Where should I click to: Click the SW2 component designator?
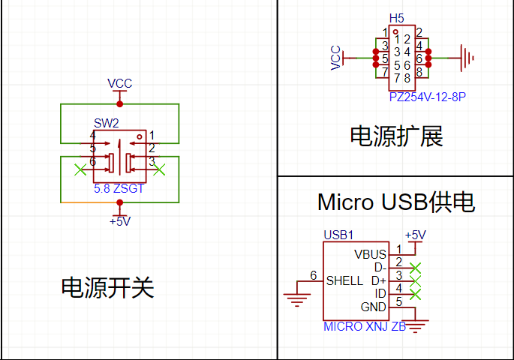click(x=106, y=122)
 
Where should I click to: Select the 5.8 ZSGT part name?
click(x=119, y=190)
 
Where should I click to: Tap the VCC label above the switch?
click(x=119, y=83)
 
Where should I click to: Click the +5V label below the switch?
click(x=120, y=221)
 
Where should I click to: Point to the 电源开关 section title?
click(x=107, y=287)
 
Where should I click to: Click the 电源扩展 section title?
click(x=396, y=136)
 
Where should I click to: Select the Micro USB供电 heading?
click(x=396, y=202)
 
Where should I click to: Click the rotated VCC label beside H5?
click(x=336, y=57)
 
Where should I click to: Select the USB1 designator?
click(x=338, y=235)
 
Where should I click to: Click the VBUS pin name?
click(x=370, y=254)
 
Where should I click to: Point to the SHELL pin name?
click(x=344, y=280)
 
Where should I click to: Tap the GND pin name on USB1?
click(x=373, y=307)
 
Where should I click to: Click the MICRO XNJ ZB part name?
click(x=365, y=327)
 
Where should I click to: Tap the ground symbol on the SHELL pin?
click(x=297, y=300)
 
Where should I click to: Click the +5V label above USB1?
click(x=415, y=235)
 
